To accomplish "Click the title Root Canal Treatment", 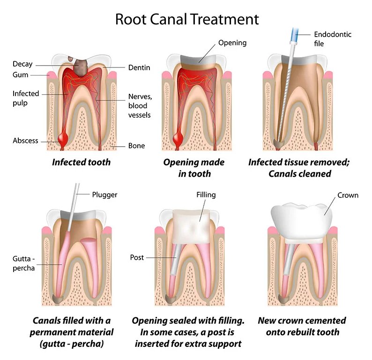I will pos(186,19).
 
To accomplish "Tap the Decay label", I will pos(22,64).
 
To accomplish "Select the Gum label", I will pos(21,75).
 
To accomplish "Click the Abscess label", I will pos(26,141).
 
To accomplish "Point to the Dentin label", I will pos(139,67).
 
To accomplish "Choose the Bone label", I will pos(136,146).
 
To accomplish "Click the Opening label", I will pos(232,43).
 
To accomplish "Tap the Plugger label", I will pos(104,195).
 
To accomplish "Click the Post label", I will pos(137,257).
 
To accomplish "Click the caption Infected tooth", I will pos(81,162).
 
